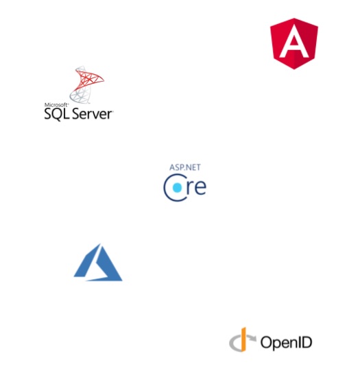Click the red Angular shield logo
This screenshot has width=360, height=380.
pos(294,44)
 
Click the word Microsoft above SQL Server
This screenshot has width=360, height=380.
pos(56,105)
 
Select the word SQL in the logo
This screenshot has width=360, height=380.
pos(57,114)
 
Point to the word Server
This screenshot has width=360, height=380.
pos(93,114)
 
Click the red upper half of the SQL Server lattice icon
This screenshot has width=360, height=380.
pos(89,78)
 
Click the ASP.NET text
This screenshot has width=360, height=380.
pos(185,167)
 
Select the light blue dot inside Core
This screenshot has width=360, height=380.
pos(177,187)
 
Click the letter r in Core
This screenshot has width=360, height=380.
pos(189,187)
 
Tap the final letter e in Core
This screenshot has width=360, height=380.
pos(200,187)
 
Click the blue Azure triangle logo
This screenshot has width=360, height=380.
pos(98,263)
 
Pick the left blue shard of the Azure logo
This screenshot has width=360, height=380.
pos(86,262)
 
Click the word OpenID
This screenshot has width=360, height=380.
pos(286,342)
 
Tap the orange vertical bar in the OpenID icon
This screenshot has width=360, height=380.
pos(243,340)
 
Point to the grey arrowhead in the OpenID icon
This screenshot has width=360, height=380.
pos(252,338)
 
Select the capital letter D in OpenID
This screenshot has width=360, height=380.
pos(307,342)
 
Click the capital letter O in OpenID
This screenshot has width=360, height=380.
pos(266,342)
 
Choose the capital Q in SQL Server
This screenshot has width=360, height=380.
pos(57,114)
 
